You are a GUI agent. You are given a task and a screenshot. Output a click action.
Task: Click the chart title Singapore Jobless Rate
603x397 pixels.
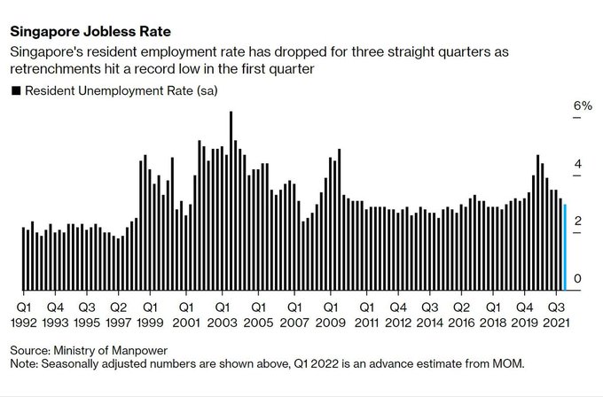90,32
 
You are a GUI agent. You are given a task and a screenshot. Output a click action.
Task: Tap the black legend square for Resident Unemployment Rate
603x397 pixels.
15,90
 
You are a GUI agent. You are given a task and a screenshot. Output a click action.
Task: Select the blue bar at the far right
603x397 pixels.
565,247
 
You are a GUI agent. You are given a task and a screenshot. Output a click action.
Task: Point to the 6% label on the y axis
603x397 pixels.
583,105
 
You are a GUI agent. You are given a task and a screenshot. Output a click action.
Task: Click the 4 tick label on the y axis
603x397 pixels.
578,165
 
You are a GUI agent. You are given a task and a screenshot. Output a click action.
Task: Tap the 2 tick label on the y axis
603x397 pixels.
578,221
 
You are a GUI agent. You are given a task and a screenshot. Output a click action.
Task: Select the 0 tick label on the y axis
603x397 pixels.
578,279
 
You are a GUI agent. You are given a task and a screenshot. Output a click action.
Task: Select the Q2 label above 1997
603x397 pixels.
119,307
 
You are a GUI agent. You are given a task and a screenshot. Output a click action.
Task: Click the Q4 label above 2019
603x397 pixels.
524,307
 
